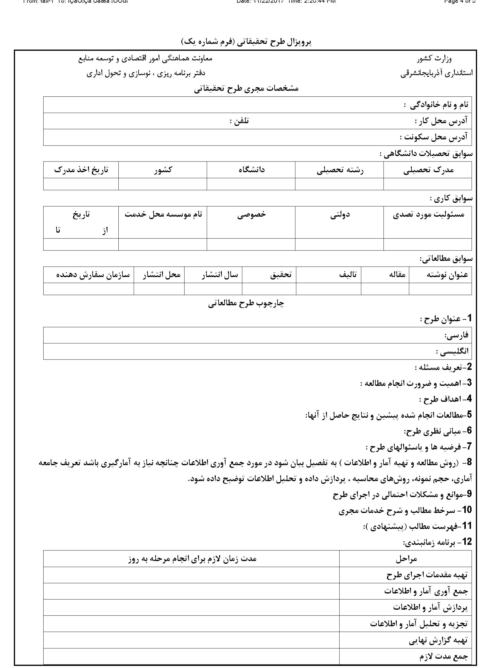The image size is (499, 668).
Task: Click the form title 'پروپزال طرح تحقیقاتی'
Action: [x=246, y=42]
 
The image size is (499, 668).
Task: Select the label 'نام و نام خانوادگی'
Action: [x=436, y=105]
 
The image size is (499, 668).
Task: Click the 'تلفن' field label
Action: [x=239, y=121]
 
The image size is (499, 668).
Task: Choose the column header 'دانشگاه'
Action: [x=251, y=170]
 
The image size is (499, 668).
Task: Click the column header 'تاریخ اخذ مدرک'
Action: [x=81, y=170]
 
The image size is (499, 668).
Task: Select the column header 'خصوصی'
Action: [x=251, y=214]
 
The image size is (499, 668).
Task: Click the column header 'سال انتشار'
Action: [x=220, y=275]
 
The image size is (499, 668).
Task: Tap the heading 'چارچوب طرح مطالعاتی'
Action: [x=246, y=304]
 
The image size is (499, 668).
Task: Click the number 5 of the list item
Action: [x=469, y=415]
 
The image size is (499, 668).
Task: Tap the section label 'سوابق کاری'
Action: [x=451, y=198]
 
